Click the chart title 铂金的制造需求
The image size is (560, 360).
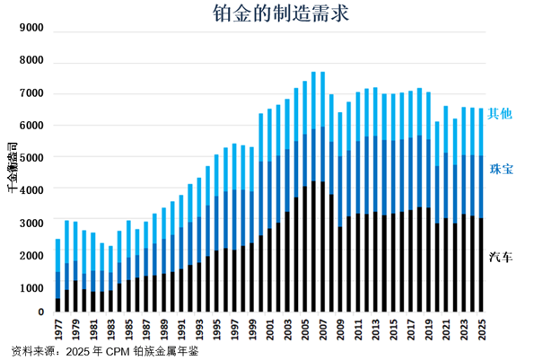(281, 13)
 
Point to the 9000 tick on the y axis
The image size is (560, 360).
(31, 29)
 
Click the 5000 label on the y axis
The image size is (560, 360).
(31, 158)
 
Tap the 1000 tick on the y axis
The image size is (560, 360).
(31, 288)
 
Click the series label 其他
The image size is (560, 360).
(499, 114)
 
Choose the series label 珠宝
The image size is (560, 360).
(501, 169)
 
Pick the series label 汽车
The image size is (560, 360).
(501, 258)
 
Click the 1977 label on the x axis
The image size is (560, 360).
(58, 329)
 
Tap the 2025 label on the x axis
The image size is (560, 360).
(483, 329)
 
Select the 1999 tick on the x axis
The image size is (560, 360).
(252, 329)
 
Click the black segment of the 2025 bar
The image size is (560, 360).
(482, 266)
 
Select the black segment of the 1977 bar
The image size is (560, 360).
(57, 305)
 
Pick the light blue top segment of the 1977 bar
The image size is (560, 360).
(57, 255)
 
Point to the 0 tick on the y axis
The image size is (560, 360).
(39, 312)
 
